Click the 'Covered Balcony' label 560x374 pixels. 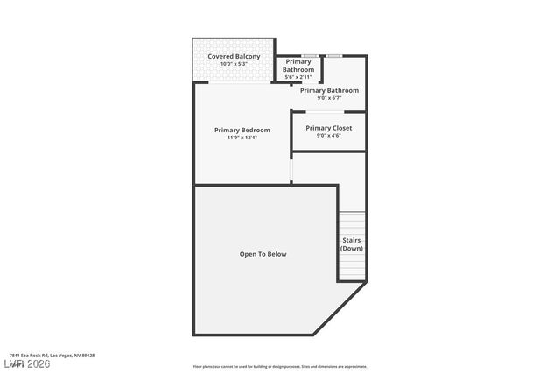[x=234, y=56]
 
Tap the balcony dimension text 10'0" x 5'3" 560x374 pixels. [x=234, y=64]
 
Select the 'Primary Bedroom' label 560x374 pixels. [x=242, y=130]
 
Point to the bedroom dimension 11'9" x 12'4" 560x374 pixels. [x=242, y=138]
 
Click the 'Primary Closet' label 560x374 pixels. [x=329, y=128]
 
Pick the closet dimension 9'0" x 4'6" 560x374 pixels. [x=329, y=136]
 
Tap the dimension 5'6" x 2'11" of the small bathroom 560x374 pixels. [x=298, y=77]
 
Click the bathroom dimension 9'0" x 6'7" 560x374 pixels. [x=329, y=98]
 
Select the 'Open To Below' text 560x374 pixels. [x=262, y=254]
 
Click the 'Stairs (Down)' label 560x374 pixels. [x=351, y=244]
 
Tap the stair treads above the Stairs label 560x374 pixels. [x=352, y=222]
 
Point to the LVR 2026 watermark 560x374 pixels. [x=26, y=363]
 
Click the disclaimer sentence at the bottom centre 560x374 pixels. [x=280, y=367]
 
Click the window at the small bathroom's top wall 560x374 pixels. [x=309, y=56]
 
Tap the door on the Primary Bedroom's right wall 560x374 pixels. [x=291, y=168]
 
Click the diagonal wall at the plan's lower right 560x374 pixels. [x=339, y=308]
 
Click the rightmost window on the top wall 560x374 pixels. [x=333, y=56]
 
